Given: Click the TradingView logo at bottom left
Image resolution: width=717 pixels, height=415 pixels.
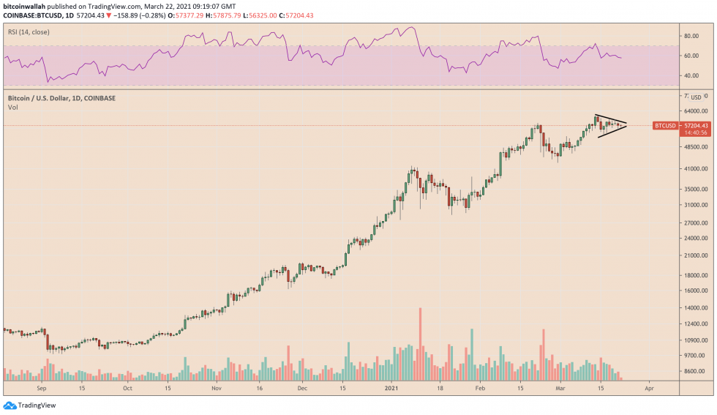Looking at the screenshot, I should (30, 405).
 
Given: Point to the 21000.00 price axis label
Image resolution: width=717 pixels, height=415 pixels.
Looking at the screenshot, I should (694, 256).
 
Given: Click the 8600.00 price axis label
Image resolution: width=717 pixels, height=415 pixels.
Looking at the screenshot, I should (694, 372).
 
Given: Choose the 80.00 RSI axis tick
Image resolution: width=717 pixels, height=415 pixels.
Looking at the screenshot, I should (691, 35).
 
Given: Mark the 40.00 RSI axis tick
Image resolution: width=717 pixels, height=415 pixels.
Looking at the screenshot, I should (691, 75).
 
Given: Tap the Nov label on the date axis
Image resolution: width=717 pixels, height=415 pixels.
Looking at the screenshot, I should (216, 388).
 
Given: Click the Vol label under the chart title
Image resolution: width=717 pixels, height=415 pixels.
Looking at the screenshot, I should (12, 107).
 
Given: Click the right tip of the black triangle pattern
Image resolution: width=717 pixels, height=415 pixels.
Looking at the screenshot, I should (627, 125).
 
